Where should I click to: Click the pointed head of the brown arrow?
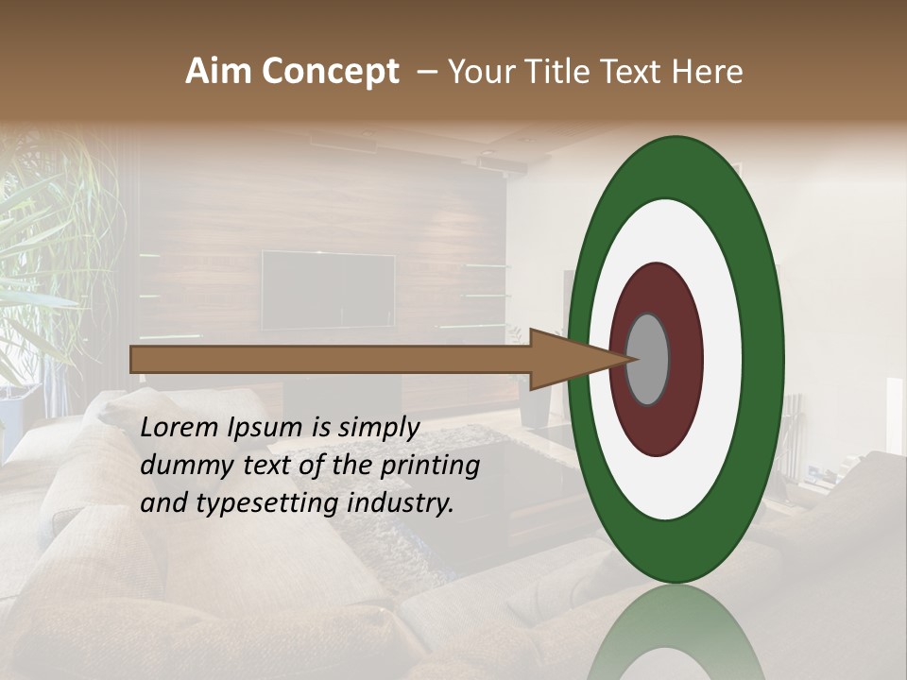567,360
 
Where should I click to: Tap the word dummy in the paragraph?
182,467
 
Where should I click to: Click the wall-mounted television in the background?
328,290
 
